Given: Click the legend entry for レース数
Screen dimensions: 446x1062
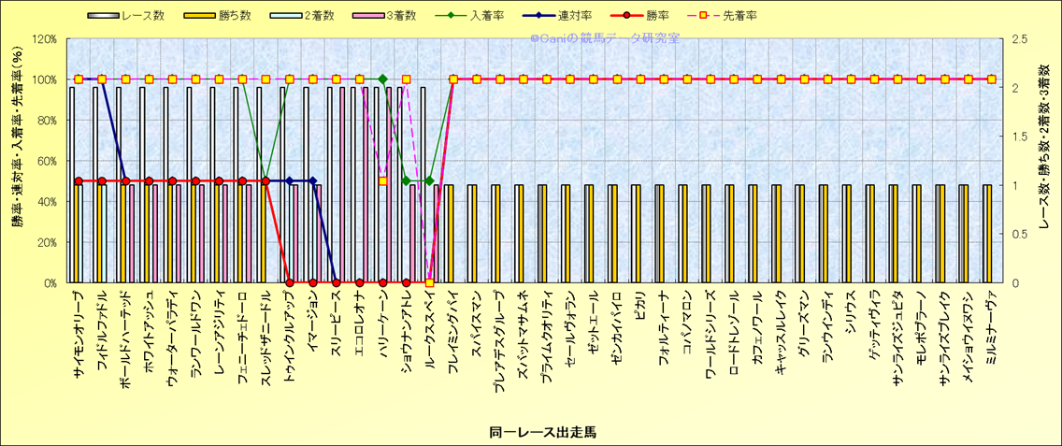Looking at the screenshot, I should (141, 16).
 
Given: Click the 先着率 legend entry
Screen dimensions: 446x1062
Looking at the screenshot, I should (739, 16).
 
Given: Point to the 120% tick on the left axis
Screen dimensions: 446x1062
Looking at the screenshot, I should (44, 39).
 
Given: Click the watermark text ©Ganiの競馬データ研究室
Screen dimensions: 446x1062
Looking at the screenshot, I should (604, 38).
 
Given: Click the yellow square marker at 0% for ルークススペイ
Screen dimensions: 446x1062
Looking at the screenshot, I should (429, 282).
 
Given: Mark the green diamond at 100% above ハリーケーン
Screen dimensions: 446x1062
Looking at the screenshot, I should (382, 79).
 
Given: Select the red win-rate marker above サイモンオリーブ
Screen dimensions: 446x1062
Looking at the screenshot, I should (79, 181).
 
